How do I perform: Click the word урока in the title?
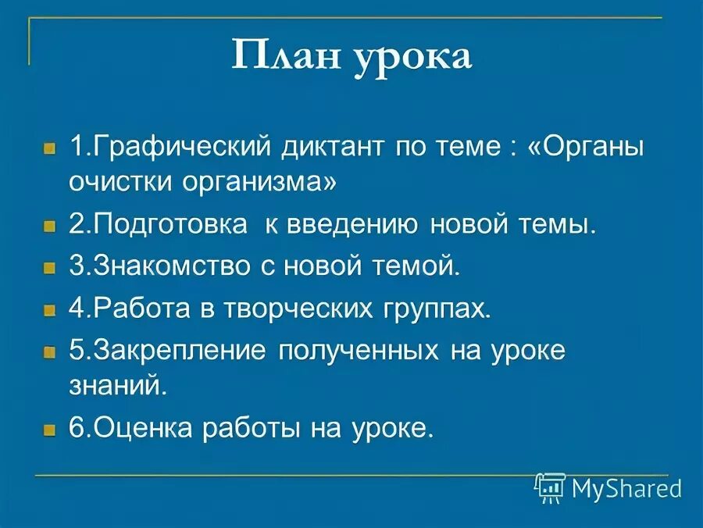point(413,59)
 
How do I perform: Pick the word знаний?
point(117,386)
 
